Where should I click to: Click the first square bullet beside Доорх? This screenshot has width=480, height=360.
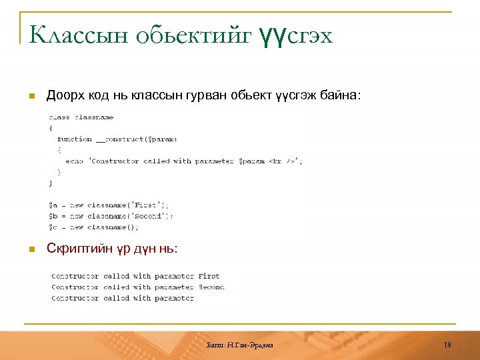point(30,97)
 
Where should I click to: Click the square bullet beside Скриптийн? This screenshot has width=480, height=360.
point(30,249)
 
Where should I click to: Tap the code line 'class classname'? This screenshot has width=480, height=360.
point(81,117)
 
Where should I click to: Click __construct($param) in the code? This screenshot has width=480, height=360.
point(136,139)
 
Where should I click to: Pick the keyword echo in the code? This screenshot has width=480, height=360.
point(74,161)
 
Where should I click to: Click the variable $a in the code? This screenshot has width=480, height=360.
point(52,205)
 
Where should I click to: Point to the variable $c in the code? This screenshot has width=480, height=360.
point(52,227)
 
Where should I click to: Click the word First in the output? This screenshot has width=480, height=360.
point(209,276)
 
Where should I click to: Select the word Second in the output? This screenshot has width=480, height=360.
point(211,287)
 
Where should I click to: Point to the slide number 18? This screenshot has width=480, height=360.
point(447,345)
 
